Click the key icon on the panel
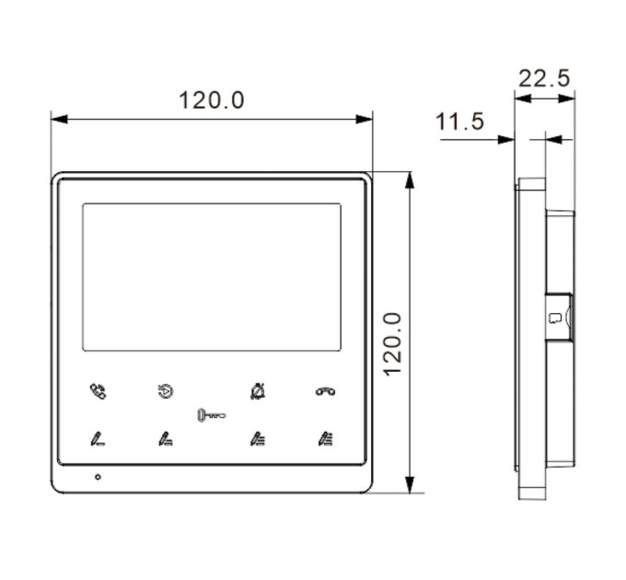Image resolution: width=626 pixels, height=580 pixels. [212, 415]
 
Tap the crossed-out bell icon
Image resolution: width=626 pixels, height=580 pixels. [258, 390]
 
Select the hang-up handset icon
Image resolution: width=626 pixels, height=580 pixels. [325, 391]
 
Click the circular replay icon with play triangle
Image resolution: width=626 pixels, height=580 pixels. [166, 391]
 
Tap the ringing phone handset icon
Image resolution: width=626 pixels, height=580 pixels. [98, 390]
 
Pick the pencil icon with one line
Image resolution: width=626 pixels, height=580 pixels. [98, 439]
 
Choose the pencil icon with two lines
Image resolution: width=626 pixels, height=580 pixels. [166, 439]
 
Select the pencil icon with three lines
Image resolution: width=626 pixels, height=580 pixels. [258, 439]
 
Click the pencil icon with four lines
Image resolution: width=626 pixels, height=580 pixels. [325, 439]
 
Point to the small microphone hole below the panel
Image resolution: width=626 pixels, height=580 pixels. [98, 477]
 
